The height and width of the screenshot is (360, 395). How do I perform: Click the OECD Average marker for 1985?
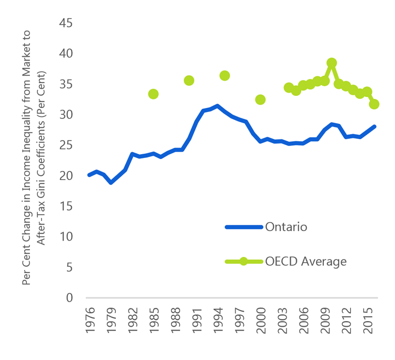pyautogui.click(x=153, y=94)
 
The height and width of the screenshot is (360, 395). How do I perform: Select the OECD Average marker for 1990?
pyautogui.click(x=189, y=81)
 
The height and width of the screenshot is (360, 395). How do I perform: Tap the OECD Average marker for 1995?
pyautogui.click(x=225, y=76)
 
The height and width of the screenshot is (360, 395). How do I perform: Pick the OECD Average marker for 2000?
pyautogui.click(x=260, y=99)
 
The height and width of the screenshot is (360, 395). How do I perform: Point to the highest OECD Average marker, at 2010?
pyautogui.click(x=332, y=63)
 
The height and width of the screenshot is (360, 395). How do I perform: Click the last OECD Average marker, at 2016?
pyautogui.click(x=374, y=104)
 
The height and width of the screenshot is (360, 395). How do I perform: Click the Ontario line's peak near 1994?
pyautogui.click(x=218, y=106)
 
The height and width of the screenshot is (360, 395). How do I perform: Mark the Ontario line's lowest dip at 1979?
pyautogui.click(x=111, y=183)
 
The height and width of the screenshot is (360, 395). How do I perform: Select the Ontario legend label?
pyautogui.click(x=287, y=227)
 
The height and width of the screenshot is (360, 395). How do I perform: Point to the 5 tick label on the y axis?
pyautogui.click(x=70, y=267)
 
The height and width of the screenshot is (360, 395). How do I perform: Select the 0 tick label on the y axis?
pyautogui.click(x=70, y=298)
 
